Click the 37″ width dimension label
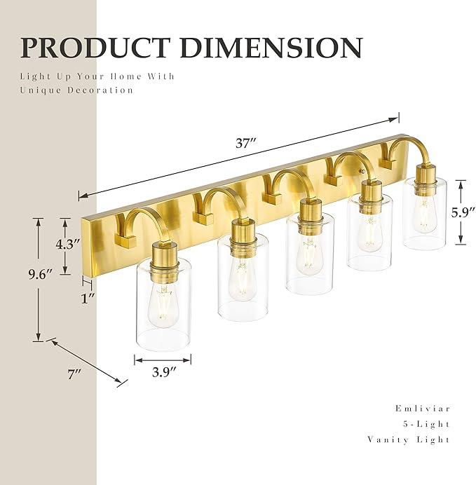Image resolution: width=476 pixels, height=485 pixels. click(x=245, y=144)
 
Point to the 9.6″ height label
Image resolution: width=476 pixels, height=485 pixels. click(x=18, y=275)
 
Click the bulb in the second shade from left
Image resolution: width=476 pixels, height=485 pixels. click(x=242, y=280)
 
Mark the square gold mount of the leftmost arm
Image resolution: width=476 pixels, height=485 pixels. click(x=126, y=241)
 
